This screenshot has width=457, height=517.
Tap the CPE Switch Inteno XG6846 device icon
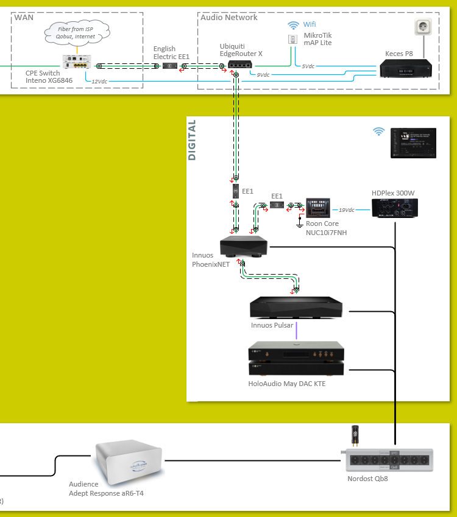[76, 62]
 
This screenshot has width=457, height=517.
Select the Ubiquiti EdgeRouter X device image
[240, 65]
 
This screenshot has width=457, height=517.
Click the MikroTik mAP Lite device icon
[292, 38]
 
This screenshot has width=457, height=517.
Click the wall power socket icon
[422, 27]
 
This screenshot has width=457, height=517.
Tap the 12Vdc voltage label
[99, 80]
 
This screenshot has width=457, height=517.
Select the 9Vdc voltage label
[263, 75]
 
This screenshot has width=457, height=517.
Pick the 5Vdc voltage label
[308, 66]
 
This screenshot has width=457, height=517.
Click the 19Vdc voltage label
[347, 209]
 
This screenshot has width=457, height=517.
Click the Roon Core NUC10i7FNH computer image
[317, 208]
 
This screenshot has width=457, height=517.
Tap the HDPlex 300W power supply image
[394, 209]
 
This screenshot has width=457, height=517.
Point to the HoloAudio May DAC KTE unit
[296, 360]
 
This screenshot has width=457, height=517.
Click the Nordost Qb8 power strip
[390, 461]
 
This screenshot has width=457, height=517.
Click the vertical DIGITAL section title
[193, 140]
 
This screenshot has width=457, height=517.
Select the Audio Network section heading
[229, 17]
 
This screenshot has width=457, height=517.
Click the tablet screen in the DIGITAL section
[413, 143]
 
